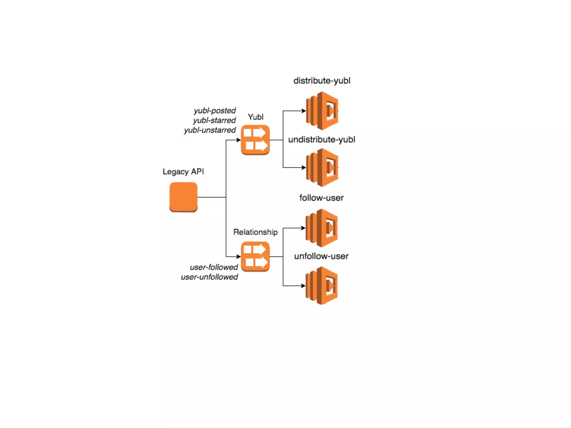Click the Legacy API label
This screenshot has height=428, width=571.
183,171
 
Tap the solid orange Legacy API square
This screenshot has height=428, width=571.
183,197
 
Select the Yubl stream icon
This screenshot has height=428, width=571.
255,140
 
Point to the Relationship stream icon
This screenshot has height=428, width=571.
255,256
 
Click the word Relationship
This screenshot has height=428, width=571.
255,232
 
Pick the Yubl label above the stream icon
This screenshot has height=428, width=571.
255,117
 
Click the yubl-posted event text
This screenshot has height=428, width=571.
215,111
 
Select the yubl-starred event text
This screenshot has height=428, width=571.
214,120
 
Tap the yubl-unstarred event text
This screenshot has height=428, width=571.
210,130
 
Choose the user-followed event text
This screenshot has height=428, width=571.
214,267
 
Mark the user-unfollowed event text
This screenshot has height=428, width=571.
209,277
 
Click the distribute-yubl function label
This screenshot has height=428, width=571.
322,81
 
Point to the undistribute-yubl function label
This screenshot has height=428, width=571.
321,139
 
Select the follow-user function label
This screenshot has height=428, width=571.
321,198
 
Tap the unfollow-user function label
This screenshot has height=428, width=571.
321,256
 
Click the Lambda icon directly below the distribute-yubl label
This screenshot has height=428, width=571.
322,111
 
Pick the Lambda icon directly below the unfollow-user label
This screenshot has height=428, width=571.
321,286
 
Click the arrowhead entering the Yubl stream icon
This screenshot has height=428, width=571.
239,140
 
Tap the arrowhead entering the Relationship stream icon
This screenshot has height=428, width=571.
239,256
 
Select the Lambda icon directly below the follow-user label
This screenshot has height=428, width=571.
321,228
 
